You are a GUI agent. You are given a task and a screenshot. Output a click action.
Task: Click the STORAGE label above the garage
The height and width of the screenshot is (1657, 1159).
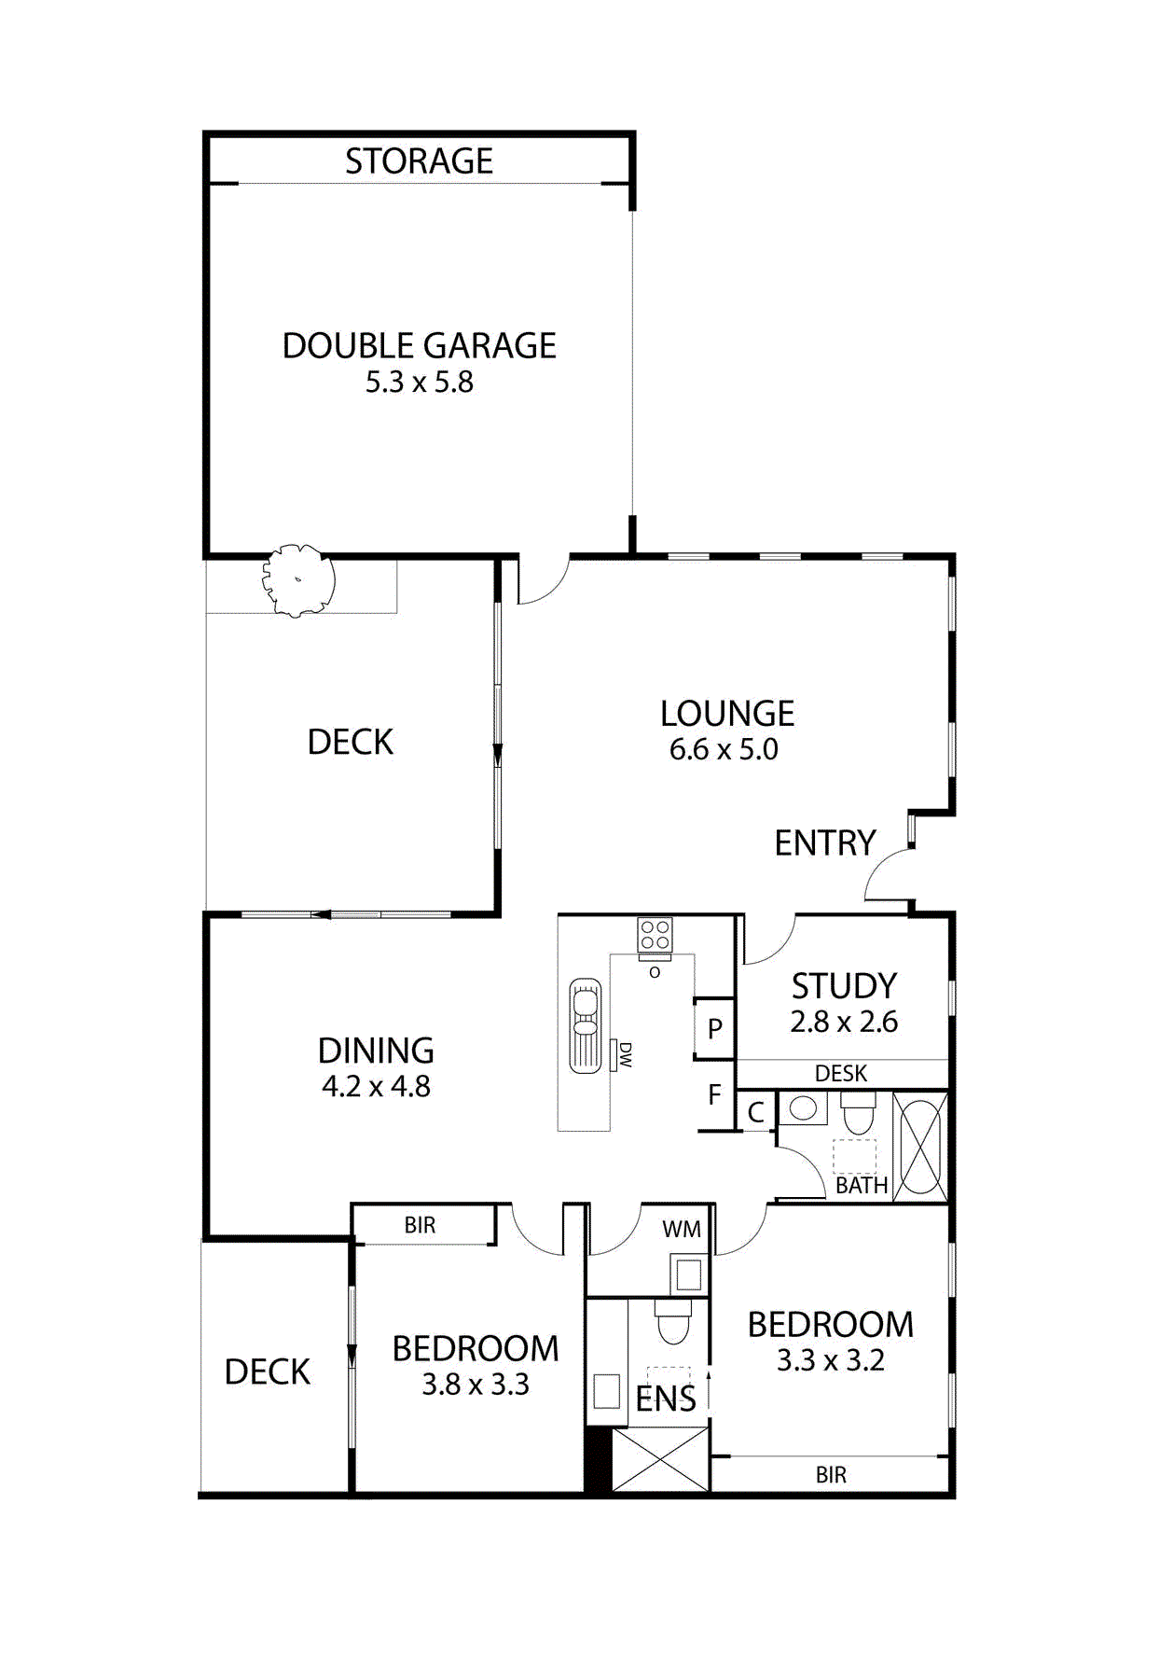419,161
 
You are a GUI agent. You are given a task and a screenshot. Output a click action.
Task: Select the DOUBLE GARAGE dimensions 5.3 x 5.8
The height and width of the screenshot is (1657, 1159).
419,383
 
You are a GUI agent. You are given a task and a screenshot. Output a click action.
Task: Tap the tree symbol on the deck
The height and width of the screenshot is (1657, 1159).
297,580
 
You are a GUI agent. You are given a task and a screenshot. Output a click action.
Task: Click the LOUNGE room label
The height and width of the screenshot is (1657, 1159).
726,714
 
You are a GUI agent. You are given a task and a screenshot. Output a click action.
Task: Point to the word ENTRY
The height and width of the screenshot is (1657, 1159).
824,843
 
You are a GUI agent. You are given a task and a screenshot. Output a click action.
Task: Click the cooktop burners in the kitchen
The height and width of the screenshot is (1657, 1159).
655,935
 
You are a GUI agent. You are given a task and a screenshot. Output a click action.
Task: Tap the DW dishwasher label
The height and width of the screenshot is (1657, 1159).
626,1055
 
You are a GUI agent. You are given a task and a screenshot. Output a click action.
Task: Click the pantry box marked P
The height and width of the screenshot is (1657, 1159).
714,1028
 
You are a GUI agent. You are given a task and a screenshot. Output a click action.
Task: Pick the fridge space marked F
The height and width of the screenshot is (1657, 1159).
714,1094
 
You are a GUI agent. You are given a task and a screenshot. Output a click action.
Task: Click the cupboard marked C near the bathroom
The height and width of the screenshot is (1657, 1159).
755,1112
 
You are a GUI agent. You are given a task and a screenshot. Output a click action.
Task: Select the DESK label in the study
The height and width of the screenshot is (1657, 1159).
840,1074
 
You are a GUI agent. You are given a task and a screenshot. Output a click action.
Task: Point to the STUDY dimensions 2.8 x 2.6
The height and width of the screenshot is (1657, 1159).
843,1023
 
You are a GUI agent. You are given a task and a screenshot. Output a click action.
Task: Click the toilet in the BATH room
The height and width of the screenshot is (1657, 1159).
858,1110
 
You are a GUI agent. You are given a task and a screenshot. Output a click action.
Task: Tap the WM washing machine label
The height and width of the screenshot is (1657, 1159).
681,1230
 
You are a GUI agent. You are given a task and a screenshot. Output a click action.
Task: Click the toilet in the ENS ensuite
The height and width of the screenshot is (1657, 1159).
672,1320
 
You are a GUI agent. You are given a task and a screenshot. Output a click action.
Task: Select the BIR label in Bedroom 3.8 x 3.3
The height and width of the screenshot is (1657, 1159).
420,1226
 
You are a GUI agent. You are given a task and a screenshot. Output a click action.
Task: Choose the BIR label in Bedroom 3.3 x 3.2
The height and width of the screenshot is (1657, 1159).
830,1475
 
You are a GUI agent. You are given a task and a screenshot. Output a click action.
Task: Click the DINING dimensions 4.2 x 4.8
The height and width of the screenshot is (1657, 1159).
376,1087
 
